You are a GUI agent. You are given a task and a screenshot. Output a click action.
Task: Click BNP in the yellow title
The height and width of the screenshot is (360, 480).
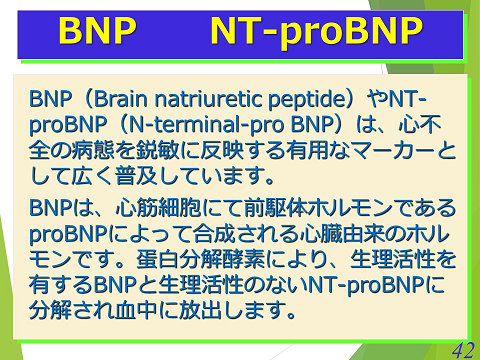(x=97, y=32)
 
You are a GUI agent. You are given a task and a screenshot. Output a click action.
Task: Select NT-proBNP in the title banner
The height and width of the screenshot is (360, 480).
(x=316, y=32)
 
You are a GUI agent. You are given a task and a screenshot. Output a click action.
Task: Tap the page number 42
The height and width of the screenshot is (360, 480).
(x=461, y=347)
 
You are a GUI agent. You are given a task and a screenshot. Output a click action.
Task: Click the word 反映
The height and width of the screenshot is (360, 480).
(x=215, y=152)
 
